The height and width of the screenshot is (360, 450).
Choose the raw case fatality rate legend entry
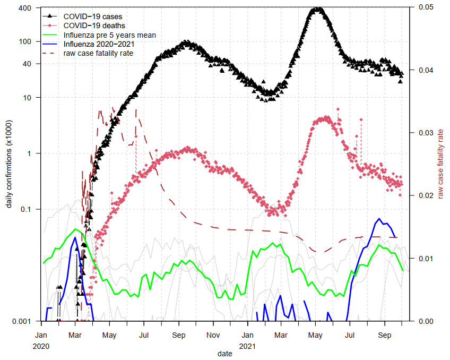[98, 53]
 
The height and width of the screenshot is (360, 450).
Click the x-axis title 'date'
[224, 353]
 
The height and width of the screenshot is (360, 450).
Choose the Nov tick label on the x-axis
[213, 336]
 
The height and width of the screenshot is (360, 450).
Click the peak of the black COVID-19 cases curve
[317, 9]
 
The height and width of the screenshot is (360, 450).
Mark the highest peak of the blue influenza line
[379, 219]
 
